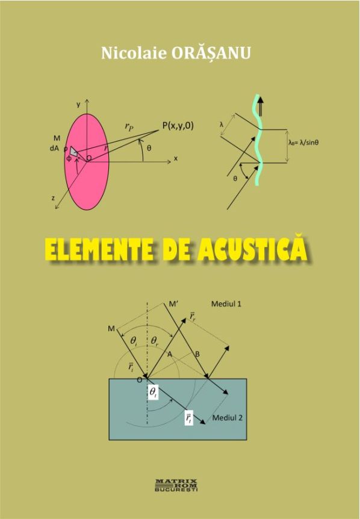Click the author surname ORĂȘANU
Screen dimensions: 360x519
(x=211, y=53)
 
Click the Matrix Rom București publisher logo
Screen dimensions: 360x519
(x=176, y=485)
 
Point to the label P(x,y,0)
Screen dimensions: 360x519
(x=178, y=126)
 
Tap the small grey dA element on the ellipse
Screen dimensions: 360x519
(x=74, y=151)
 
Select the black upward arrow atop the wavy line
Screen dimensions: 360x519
(x=261, y=105)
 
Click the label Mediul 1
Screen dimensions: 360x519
(x=226, y=303)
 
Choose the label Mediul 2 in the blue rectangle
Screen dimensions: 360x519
(x=228, y=417)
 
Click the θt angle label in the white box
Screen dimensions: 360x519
(x=153, y=392)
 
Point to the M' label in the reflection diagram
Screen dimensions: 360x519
(x=173, y=304)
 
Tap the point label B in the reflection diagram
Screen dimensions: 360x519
(x=197, y=354)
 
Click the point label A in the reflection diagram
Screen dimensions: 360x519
(x=170, y=355)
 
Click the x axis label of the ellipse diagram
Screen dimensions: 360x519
(x=176, y=158)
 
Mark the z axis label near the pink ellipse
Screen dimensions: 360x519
(x=53, y=198)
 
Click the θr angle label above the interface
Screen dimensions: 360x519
(x=155, y=341)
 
